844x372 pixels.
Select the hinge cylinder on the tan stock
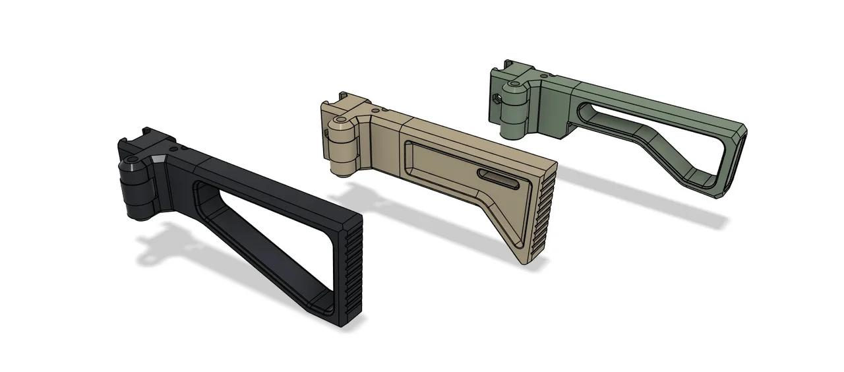point(343,148)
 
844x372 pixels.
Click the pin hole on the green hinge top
point(515,84)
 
